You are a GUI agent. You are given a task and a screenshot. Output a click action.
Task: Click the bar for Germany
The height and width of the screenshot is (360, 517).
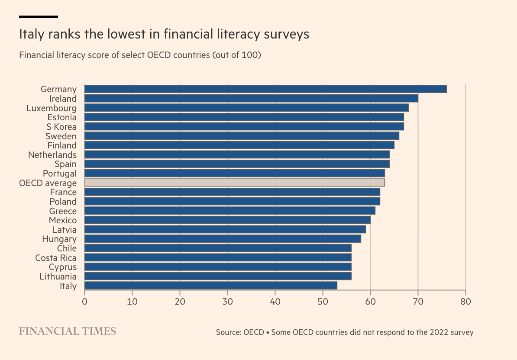coord(265,89)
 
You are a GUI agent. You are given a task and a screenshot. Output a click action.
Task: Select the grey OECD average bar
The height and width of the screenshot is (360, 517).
coord(234,183)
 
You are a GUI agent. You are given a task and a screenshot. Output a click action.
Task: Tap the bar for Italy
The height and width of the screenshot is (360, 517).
coord(210,286)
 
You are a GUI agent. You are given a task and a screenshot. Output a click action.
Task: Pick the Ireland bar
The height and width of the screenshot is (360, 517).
coord(251,99)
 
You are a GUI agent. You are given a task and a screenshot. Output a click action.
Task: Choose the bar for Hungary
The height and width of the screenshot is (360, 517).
coord(223,239)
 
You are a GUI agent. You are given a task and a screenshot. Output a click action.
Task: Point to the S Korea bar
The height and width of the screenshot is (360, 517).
coord(244,126)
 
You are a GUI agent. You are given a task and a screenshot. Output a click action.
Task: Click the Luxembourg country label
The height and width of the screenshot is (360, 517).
coord(52,108)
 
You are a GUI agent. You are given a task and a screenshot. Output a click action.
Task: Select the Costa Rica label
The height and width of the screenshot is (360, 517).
coord(56,258)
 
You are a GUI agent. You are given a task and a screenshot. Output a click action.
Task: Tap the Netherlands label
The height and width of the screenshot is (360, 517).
coord(52,155)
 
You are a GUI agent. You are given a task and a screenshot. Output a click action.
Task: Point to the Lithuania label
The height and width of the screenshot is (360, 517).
coord(58,276)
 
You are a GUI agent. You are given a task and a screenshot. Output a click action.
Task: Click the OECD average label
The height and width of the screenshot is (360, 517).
coord(48,183)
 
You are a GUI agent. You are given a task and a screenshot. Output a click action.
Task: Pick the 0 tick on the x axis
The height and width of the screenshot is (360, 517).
coord(84,301)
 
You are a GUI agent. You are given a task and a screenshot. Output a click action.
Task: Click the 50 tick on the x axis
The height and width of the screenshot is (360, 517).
coord(323,301)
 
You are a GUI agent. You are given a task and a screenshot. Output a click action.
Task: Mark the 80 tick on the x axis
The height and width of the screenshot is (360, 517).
coord(465,301)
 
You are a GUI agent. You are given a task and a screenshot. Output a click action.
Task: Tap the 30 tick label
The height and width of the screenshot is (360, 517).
coord(227,301)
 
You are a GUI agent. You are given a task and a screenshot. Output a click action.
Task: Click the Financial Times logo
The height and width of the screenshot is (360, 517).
coord(68,331)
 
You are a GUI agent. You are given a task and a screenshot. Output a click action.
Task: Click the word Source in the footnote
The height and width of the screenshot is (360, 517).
coord(228,333)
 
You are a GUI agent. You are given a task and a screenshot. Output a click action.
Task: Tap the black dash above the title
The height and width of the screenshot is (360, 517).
coord(39,17)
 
